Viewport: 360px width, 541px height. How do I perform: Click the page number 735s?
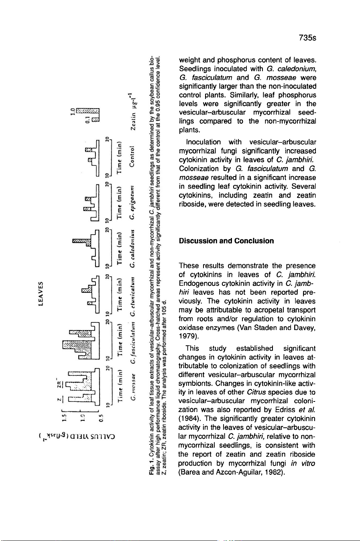coord(307,38)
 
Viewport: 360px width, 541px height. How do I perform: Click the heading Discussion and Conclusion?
coord(226,241)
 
